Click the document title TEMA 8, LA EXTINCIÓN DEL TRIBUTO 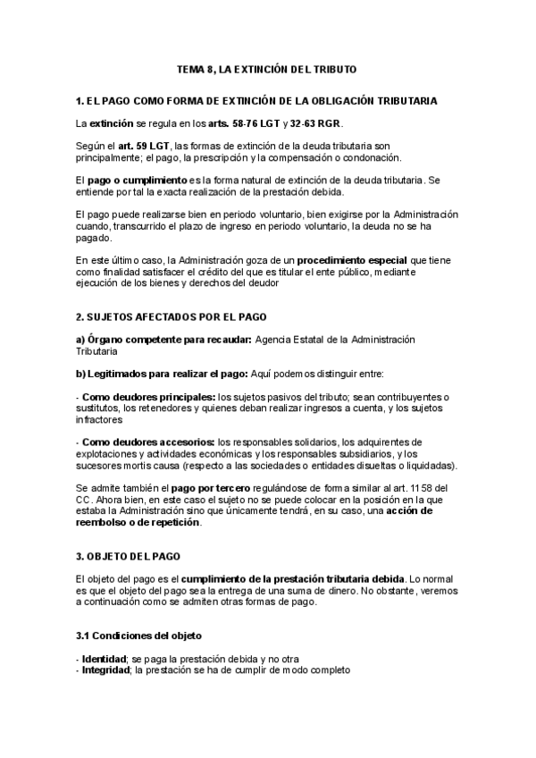(x=268, y=70)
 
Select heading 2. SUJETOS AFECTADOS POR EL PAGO (x=171, y=316)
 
